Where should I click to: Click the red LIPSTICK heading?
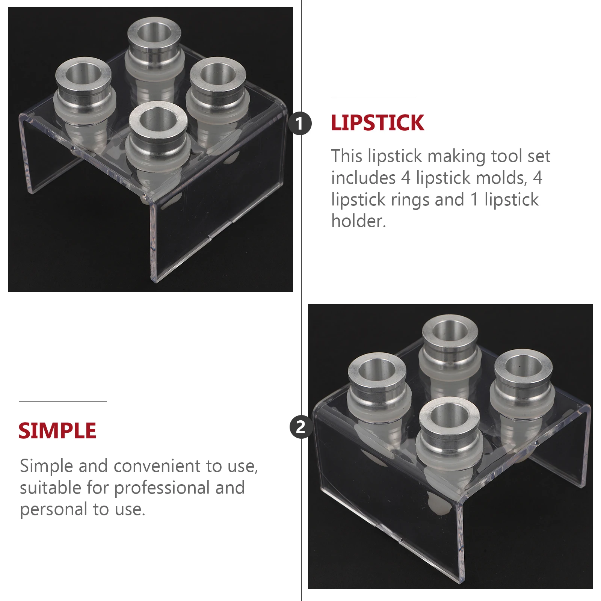click(377, 123)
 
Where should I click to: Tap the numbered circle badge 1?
click(300, 123)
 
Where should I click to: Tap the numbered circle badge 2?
click(300, 427)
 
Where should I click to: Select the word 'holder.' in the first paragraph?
click(358, 221)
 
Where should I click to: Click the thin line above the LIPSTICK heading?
click(373, 97)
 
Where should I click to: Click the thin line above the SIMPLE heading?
click(63, 401)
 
